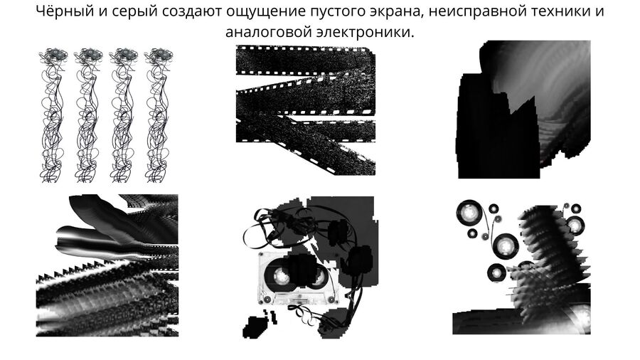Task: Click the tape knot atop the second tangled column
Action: [88, 55]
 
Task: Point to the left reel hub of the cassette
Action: [280, 277]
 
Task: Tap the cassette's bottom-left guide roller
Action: [267, 300]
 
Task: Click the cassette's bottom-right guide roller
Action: [331, 300]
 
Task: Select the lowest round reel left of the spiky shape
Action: [497, 272]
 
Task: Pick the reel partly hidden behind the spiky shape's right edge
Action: [575, 225]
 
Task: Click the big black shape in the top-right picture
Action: [498, 127]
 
